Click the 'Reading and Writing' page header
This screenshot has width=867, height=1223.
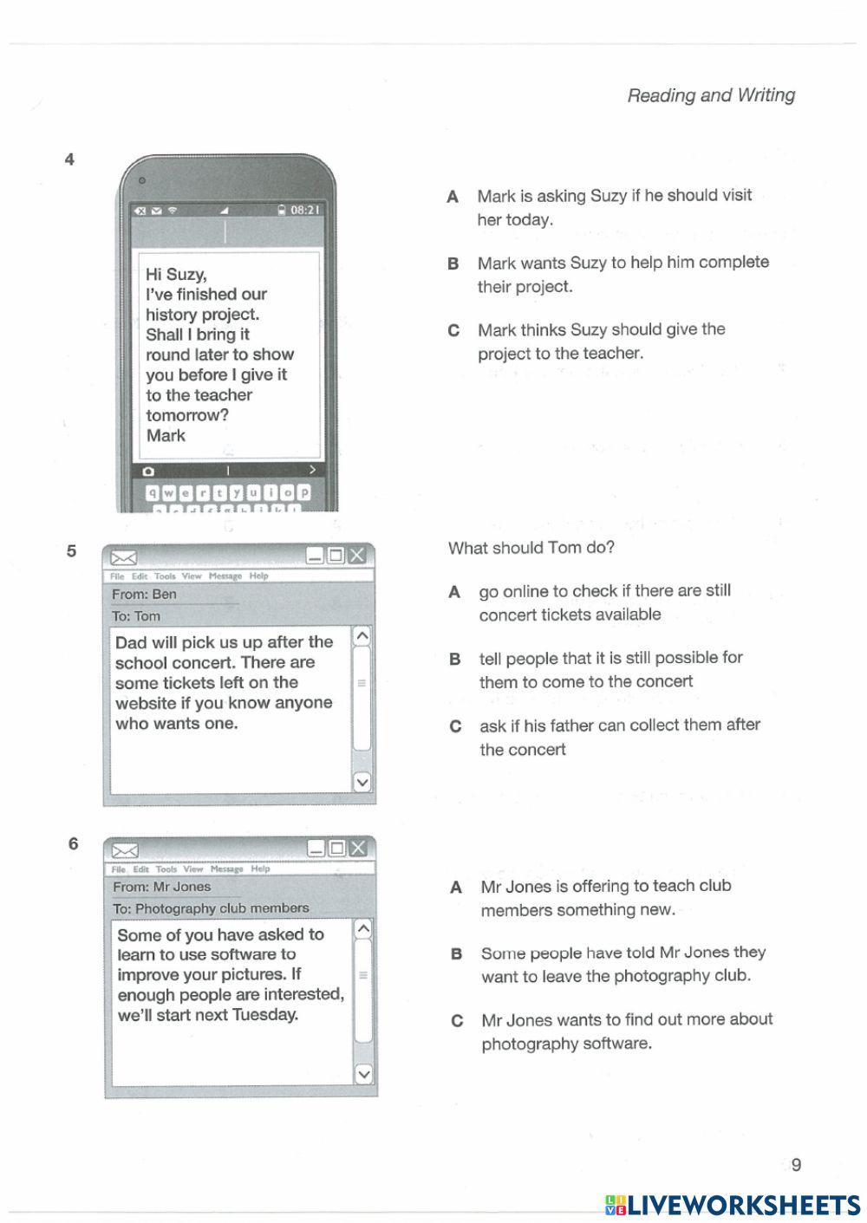tap(711, 95)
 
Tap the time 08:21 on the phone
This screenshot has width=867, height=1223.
tap(304, 210)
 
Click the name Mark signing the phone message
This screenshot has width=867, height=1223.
tap(166, 435)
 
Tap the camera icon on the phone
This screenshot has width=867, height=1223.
tap(148, 472)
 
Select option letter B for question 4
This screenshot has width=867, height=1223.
tap(453, 263)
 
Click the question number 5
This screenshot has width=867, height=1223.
tap(71, 551)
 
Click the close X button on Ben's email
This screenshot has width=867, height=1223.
tap(357, 555)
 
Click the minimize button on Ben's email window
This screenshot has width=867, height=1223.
tap(315, 555)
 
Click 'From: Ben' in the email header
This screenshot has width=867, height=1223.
tap(144, 595)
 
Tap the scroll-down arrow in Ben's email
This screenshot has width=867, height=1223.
tap(362, 782)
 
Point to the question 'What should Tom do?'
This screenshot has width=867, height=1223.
tap(531, 548)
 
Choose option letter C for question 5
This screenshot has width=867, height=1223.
tap(455, 726)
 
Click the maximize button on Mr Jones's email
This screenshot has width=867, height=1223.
tap(336, 848)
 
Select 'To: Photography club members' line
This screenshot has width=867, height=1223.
tap(211, 908)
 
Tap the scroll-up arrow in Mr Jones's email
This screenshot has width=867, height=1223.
tap(363, 929)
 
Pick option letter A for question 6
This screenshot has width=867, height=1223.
tap(456, 888)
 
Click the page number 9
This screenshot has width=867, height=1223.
tap(796, 1165)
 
